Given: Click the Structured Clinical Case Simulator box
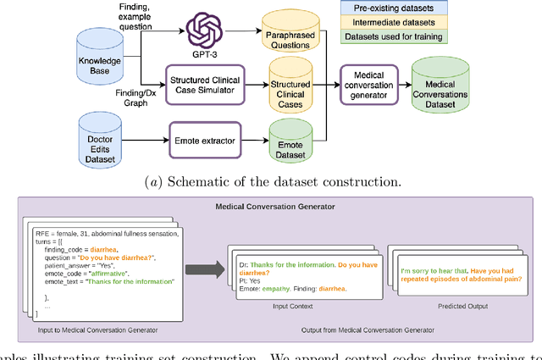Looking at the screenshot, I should tap(206, 85).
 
